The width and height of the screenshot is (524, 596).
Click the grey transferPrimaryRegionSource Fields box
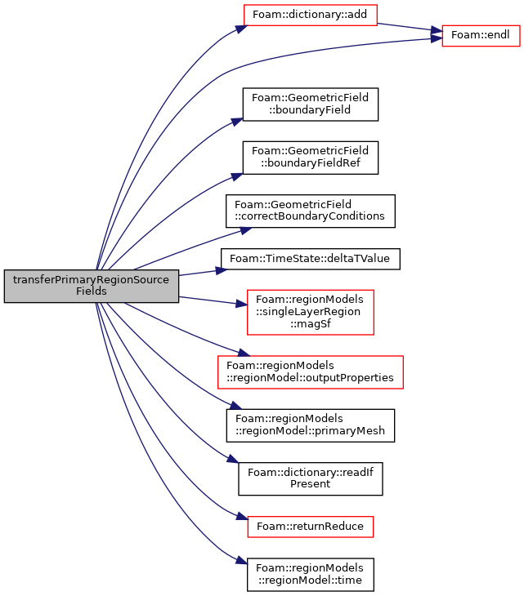(92, 286)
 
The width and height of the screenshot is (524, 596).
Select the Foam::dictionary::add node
(310, 15)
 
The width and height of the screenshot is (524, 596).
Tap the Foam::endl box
(481, 36)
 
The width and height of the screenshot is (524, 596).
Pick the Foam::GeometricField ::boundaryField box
(311, 105)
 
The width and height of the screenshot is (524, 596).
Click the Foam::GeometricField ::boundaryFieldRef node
(311, 158)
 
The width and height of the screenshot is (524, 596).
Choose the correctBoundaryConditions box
(311, 211)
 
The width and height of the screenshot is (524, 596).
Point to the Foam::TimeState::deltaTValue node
(311, 259)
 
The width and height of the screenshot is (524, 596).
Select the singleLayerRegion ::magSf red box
(311, 312)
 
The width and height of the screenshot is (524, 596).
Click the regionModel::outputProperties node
(311, 372)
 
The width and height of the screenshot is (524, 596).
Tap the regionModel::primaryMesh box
(311, 425)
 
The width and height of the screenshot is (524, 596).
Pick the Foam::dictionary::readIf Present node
(311, 478)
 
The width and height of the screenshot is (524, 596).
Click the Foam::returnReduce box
(311, 527)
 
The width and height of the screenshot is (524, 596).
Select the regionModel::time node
(311, 574)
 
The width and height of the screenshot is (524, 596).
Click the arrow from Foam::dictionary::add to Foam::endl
(410, 28)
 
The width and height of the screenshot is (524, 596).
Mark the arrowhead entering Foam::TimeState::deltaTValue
(222, 270)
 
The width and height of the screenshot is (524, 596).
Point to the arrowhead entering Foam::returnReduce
(242, 516)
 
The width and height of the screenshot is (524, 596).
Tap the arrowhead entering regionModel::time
(242, 560)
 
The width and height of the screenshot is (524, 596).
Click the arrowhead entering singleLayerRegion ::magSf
(242, 304)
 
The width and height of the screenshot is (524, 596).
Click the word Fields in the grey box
(92, 291)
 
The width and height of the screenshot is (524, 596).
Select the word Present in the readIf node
(310, 484)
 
